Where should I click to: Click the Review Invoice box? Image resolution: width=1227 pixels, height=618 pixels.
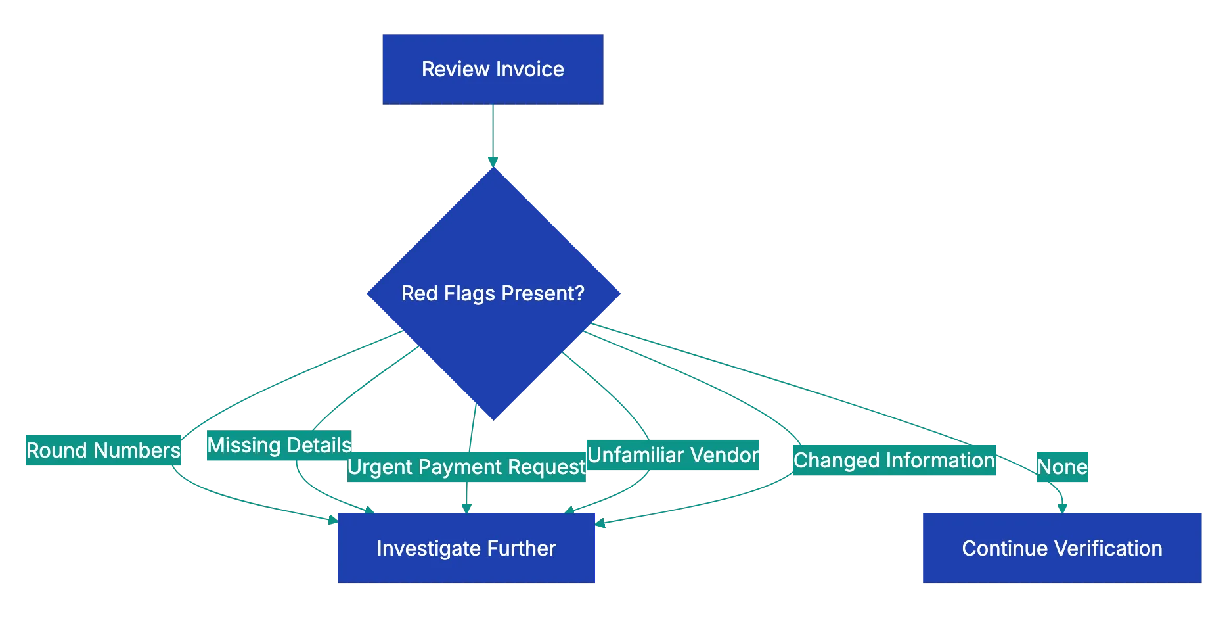[491, 69]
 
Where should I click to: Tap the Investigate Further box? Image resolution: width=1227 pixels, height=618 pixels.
[466, 548]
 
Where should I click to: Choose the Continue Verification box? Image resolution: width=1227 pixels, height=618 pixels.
[1061, 548]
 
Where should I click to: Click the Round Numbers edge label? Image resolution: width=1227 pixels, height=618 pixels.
[102, 450]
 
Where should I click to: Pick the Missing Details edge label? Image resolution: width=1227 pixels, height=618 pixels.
[279, 445]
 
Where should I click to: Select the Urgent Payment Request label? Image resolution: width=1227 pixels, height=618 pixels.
[466, 467]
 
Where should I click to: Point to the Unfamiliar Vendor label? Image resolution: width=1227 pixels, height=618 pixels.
[673, 455]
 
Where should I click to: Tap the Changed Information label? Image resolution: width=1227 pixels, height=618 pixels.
[894, 460]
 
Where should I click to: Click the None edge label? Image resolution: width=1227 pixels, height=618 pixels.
[1062, 467]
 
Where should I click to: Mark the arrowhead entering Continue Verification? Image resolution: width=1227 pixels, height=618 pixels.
[1062, 507]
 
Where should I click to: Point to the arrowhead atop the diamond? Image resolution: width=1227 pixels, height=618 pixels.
[492, 160]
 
